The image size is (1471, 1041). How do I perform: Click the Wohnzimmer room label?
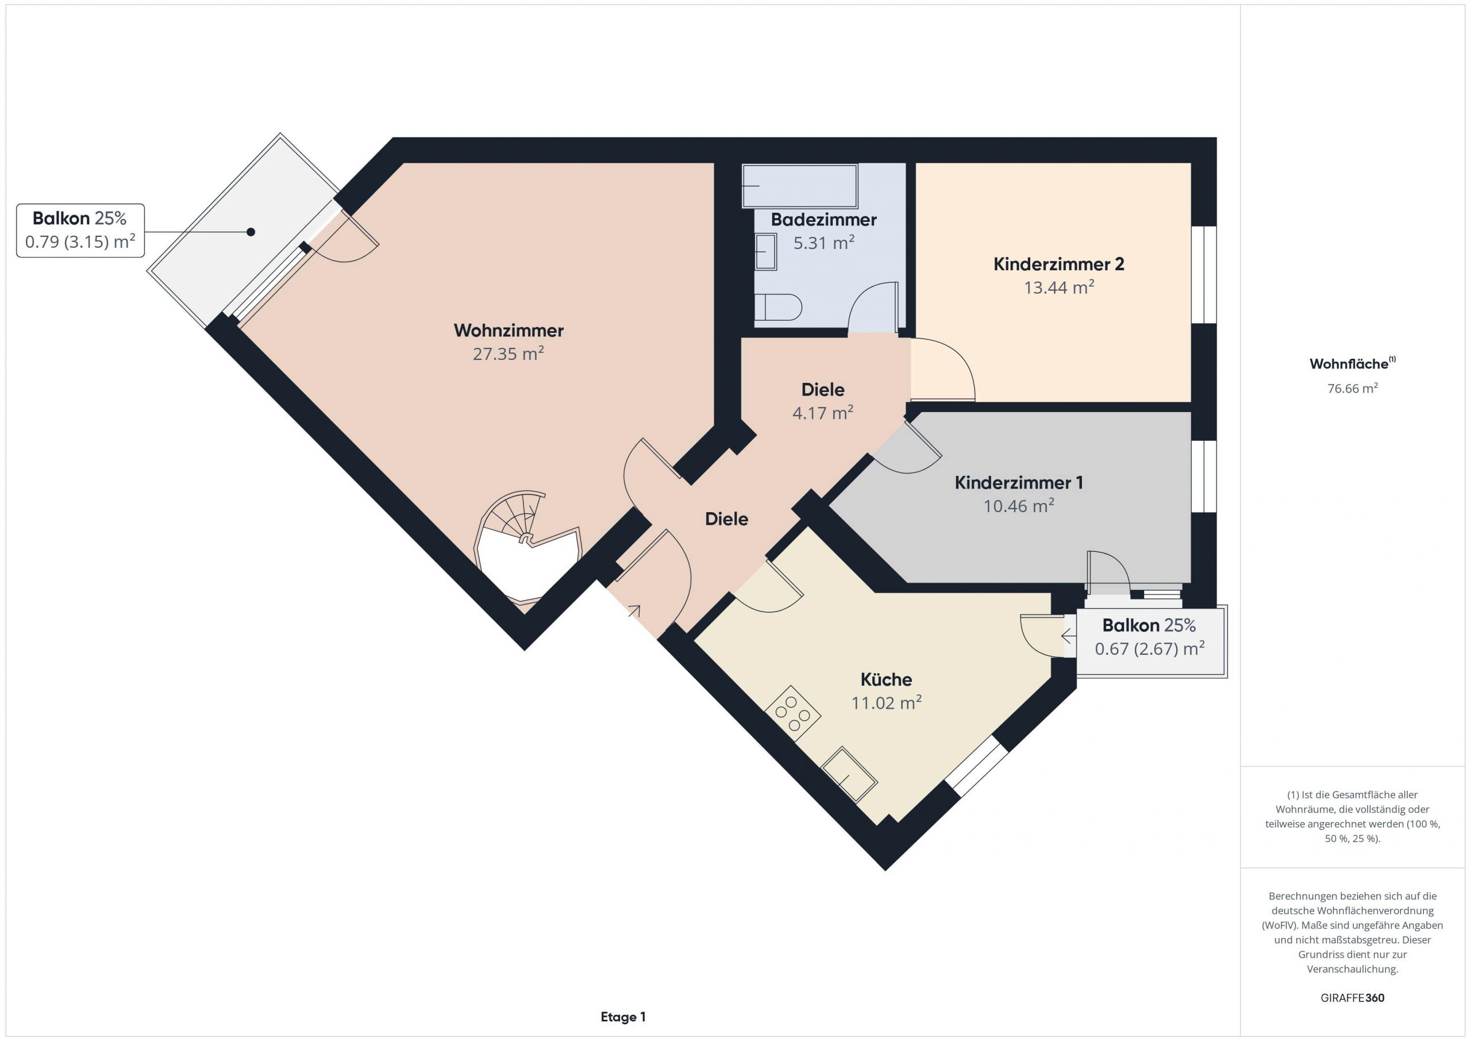509,331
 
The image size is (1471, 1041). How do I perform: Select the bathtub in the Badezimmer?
799,186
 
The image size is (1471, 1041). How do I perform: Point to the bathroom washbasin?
765,252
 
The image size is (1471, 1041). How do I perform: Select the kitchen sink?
849,774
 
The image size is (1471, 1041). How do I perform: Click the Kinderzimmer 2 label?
1058,264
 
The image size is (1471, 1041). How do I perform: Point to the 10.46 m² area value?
1019,506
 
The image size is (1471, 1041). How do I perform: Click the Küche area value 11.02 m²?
886,702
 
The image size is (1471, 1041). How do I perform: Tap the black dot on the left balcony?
251,232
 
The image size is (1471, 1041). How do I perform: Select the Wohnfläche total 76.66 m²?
1353,388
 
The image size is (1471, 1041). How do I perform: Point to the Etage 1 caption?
623,1017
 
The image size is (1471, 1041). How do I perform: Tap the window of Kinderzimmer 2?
1204,274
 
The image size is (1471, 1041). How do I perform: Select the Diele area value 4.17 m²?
823,412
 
